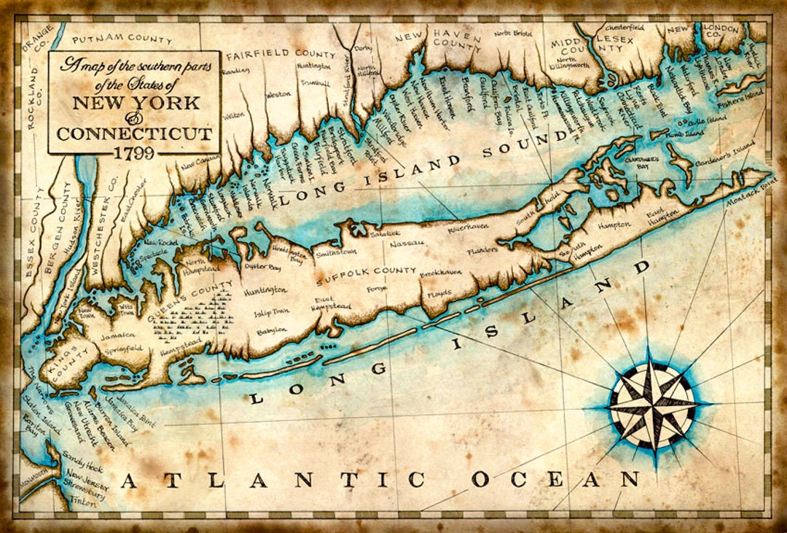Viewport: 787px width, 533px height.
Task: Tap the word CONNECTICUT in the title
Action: (x=135, y=133)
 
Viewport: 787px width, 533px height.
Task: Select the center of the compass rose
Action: (x=652, y=405)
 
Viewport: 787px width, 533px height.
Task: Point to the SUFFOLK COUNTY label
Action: (x=356, y=271)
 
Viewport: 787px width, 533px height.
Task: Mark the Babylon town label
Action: (x=272, y=331)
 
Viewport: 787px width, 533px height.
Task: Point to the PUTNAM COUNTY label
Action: (x=122, y=38)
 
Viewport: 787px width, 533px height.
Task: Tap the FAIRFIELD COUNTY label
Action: (x=281, y=53)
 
